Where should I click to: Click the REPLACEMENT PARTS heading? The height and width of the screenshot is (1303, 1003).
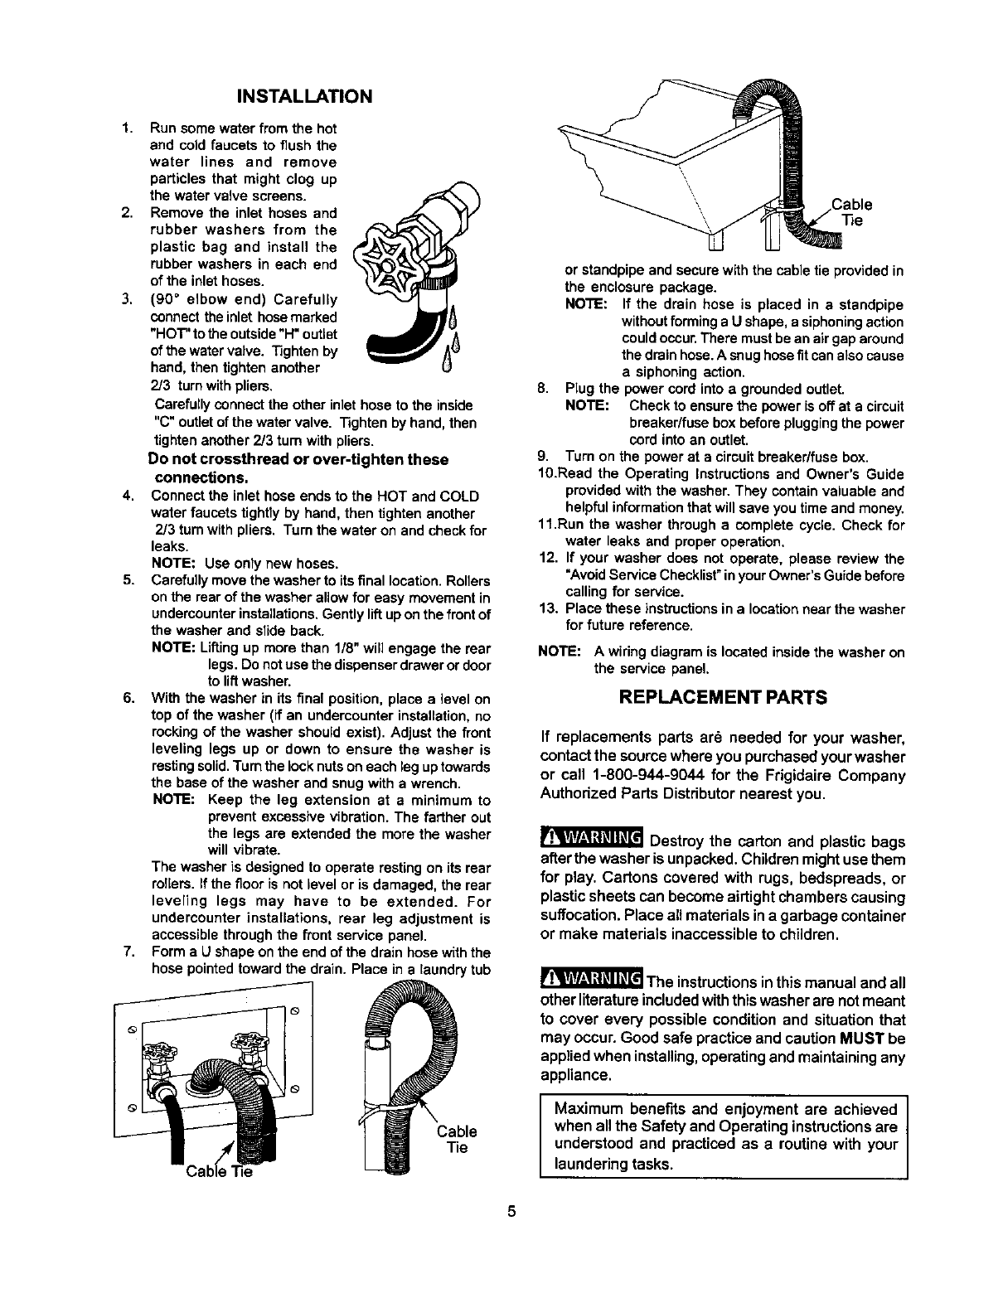click(x=724, y=697)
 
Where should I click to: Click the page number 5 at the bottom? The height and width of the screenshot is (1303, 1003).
click(x=511, y=1211)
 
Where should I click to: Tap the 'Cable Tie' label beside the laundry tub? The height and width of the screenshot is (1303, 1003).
click(x=850, y=212)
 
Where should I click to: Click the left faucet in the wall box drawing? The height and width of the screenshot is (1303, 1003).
click(x=157, y=1072)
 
